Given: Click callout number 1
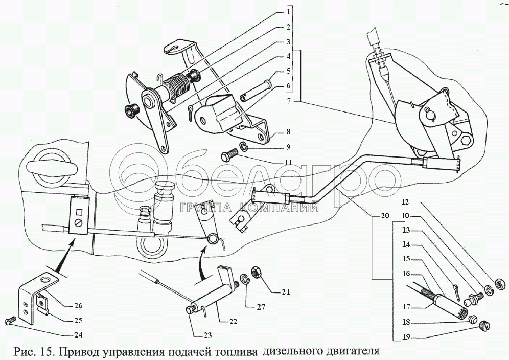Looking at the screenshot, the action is [288, 12].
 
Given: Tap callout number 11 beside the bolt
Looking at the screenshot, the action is [288, 162].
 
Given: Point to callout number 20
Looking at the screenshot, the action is [384, 216].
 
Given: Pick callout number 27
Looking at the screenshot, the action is [261, 306].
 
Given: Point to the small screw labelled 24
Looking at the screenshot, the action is [9, 320].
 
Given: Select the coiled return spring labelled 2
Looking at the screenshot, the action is [175, 85].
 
